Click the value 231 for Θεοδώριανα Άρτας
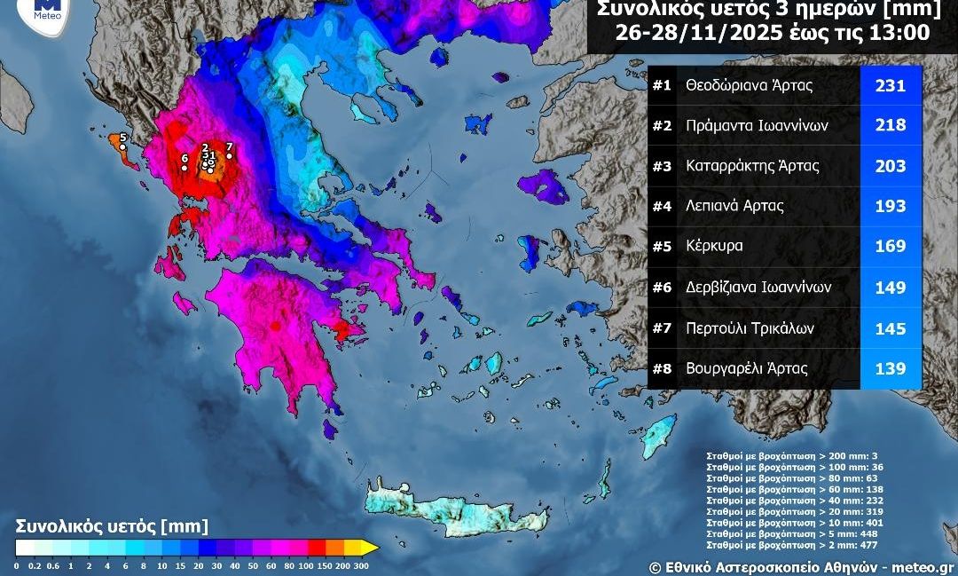(x=891, y=85)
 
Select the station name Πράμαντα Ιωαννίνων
(x=757, y=125)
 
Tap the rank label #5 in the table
(x=662, y=247)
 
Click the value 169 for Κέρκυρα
(x=891, y=247)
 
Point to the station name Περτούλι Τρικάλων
(x=750, y=328)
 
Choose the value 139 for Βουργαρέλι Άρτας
(x=891, y=369)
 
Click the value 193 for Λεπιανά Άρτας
(x=891, y=206)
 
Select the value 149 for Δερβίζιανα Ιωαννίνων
(x=891, y=288)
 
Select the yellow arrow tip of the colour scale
(x=372, y=548)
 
